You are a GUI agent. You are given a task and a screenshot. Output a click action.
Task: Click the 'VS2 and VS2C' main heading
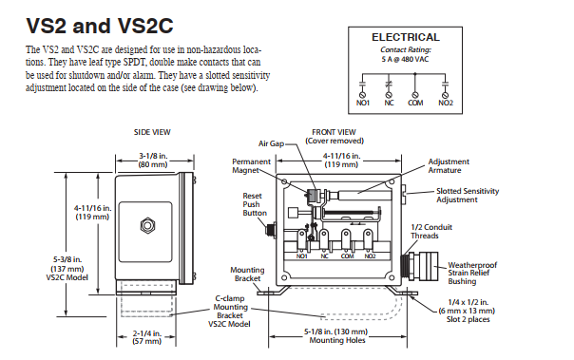100,26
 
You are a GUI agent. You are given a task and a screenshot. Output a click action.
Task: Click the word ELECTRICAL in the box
406,37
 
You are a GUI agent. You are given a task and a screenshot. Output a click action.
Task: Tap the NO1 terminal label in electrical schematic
363,104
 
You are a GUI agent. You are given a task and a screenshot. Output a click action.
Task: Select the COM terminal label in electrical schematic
415,104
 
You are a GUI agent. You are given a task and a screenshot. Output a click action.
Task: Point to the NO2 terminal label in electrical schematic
446,104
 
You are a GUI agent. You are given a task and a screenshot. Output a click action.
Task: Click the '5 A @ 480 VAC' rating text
405,59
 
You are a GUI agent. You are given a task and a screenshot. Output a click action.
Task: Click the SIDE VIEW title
152,132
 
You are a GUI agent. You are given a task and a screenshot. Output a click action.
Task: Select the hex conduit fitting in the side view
147,225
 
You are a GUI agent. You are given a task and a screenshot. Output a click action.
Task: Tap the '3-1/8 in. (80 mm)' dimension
153,161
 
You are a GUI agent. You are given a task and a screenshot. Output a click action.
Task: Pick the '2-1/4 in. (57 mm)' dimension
146,337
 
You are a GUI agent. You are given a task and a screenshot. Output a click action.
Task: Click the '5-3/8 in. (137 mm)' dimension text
67,264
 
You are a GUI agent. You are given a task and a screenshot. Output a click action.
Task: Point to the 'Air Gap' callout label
271,143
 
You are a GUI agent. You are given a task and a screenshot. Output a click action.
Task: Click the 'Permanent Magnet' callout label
251,165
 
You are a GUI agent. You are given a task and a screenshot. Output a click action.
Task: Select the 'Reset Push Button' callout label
255,204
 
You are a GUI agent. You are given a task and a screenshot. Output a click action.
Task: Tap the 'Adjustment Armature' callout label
449,165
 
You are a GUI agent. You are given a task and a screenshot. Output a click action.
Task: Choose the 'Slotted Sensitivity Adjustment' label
468,196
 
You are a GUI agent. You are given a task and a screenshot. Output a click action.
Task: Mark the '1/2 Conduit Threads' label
431,231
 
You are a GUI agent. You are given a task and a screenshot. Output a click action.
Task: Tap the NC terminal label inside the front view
324,256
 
